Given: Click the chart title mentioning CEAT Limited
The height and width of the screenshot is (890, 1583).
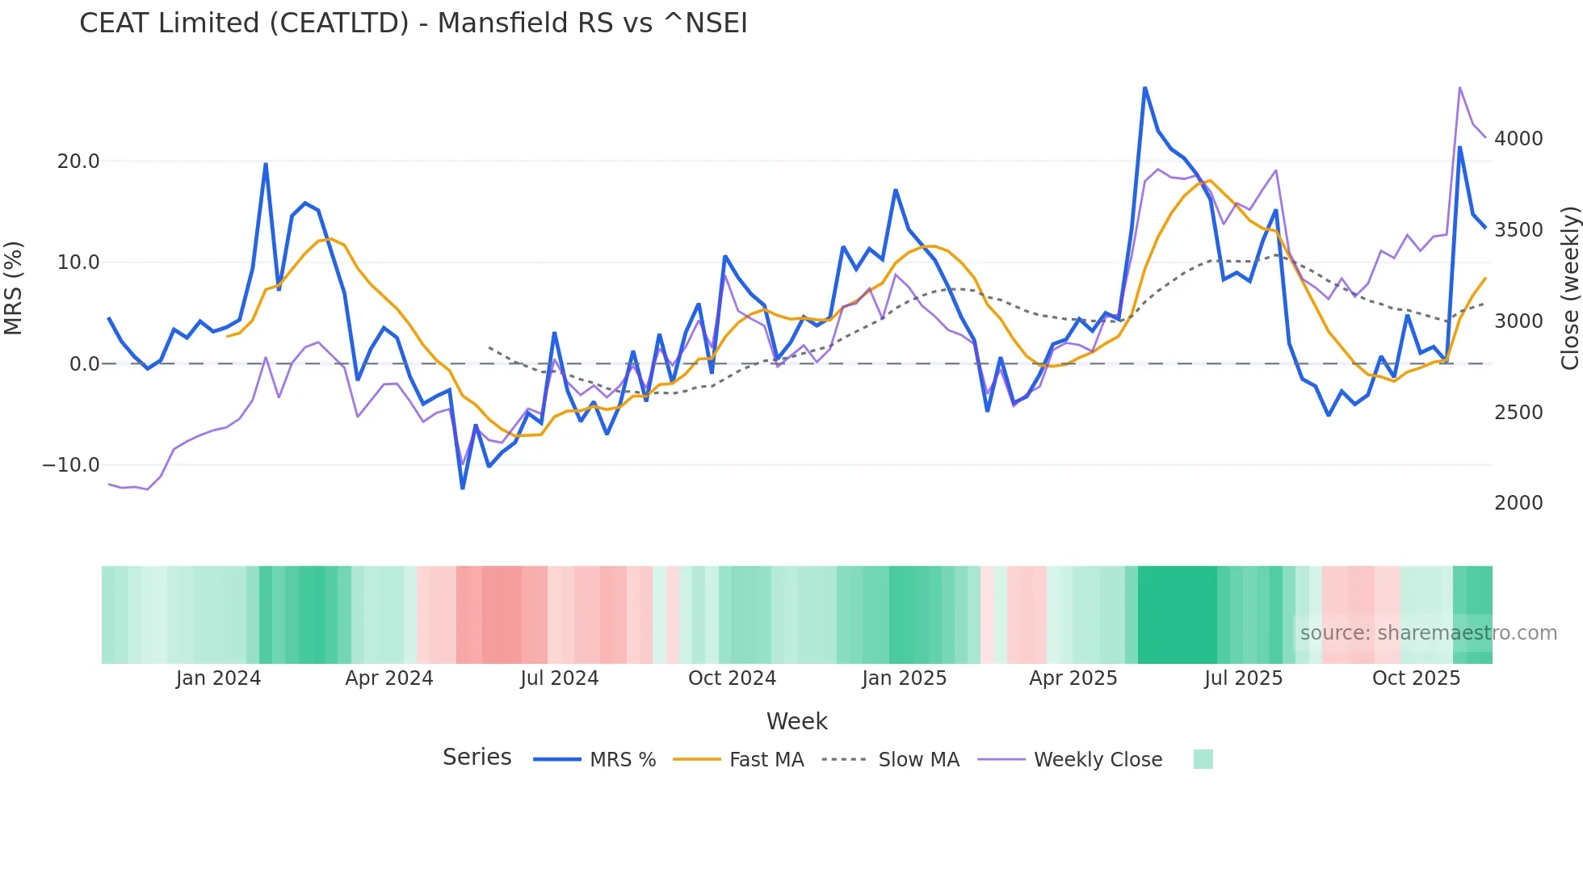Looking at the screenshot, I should (x=413, y=23).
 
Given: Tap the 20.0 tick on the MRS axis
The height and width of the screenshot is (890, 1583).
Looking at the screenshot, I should (x=78, y=162).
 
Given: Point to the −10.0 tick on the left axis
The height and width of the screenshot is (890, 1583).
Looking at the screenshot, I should (x=71, y=465).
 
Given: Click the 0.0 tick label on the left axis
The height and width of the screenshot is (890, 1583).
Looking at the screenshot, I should (x=84, y=364).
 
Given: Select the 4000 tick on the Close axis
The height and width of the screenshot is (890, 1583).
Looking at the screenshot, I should (x=1518, y=139).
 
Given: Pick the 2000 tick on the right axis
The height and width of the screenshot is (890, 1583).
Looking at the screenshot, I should (x=1518, y=503).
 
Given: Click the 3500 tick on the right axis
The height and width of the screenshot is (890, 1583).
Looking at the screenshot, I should (x=1518, y=230).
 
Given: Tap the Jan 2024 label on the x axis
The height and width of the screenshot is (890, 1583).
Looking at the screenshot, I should (x=218, y=678).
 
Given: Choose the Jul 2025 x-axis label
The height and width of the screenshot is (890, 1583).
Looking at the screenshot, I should (x=1243, y=678).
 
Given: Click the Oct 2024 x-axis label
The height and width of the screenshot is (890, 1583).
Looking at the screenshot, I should (x=732, y=678).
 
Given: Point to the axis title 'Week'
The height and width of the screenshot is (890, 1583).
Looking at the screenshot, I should (x=796, y=721).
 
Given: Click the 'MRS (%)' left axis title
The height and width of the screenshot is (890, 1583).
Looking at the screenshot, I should (x=14, y=288).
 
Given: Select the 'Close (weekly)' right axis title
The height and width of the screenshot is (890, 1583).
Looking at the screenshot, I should (x=1569, y=288).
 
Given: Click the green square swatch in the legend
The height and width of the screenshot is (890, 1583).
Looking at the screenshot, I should (x=1203, y=759).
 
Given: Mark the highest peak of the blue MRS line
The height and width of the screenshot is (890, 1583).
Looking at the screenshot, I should (x=1144, y=88).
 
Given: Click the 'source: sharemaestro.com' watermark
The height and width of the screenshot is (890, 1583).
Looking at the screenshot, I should (x=1428, y=633).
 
